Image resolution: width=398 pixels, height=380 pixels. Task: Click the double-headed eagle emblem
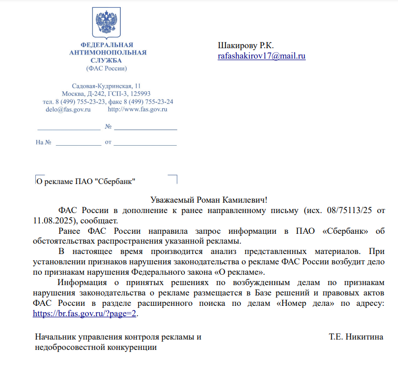pyautogui.click(x=107, y=21)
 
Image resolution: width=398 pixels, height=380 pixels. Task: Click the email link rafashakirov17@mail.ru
pyautogui.click(x=262, y=56)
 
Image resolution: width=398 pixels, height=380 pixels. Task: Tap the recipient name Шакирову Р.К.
pyautogui.click(x=246, y=46)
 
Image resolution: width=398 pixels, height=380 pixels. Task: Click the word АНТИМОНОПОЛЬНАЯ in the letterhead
pyautogui.click(x=108, y=52)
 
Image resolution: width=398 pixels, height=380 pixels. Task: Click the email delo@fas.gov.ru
pyautogui.click(x=68, y=109)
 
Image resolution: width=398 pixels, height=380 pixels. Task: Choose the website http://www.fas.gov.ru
pyautogui.click(x=137, y=109)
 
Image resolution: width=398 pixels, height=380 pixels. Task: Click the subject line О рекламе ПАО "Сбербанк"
pyautogui.click(x=86, y=181)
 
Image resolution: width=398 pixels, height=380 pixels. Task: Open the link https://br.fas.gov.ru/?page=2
pyautogui.click(x=86, y=314)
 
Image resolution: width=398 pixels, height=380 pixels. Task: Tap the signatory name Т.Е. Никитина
pyautogui.click(x=356, y=337)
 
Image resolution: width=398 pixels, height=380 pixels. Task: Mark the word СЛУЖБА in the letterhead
pyautogui.click(x=108, y=60)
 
